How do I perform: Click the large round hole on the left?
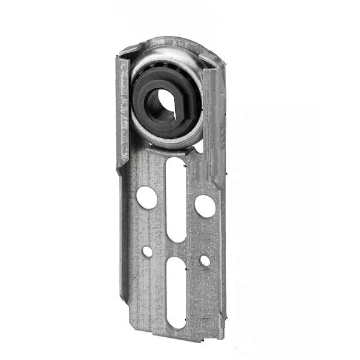click(146, 197)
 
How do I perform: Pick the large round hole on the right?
click(205, 206)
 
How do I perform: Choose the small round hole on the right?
click(205, 261)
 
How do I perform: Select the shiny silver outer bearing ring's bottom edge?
click(168, 145)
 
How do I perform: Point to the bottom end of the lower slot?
click(176, 324)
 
